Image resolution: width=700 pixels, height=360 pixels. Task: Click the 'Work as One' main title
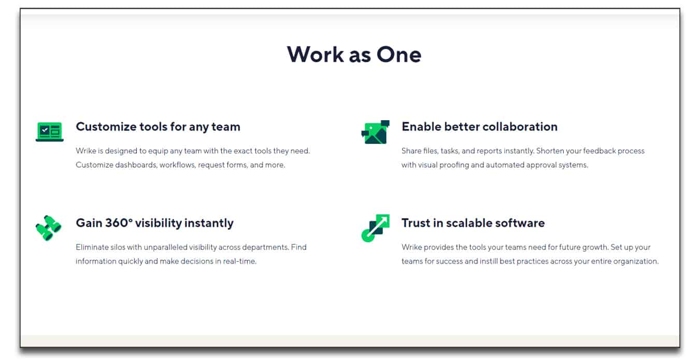tap(354, 55)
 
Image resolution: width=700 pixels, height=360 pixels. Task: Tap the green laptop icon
tap(50, 132)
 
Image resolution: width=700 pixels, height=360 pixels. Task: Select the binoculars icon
tap(48, 228)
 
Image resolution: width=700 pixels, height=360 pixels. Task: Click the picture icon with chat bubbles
tap(375, 132)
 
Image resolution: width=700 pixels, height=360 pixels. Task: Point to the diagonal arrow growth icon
tap(375, 228)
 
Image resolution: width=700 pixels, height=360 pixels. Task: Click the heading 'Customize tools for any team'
tap(158, 127)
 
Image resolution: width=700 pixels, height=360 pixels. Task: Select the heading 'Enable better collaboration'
tap(479, 126)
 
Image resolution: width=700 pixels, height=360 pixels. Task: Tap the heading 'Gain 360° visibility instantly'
tap(154, 223)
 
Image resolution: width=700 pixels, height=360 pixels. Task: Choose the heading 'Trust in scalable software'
tap(473, 223)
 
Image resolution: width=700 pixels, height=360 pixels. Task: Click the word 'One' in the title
tap(399, 55)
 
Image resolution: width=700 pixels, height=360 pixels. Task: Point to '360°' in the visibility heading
tap(119, 223)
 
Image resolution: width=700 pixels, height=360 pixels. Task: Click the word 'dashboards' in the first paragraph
tap(136, 165)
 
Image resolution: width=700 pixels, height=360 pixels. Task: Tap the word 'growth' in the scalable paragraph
tap(594, 247)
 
